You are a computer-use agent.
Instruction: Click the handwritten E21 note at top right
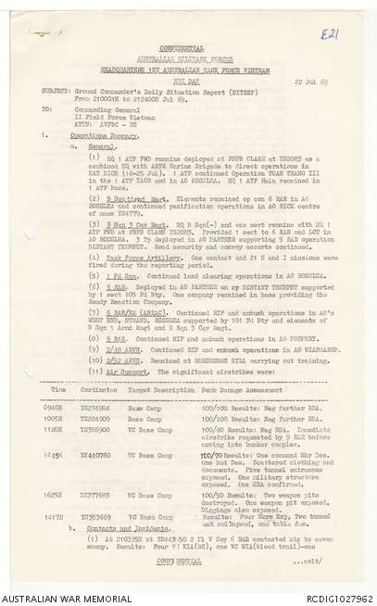(x=329, y=34)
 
